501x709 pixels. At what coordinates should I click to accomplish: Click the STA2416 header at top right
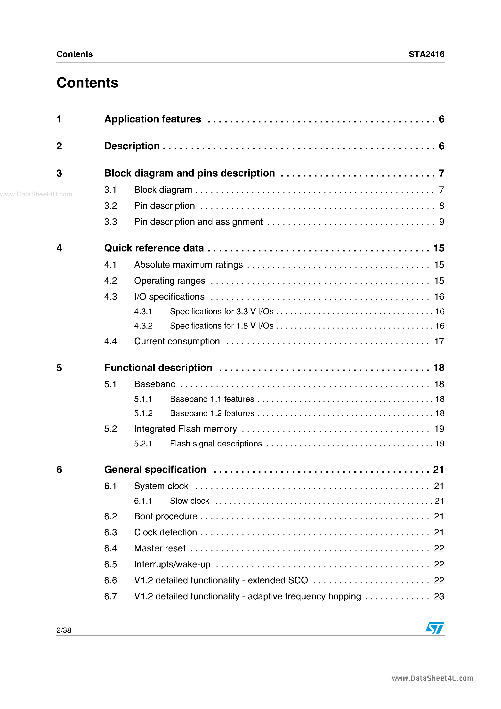[426, 54]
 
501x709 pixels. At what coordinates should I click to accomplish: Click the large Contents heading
[87, 83]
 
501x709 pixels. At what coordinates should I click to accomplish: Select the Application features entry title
[153, 119]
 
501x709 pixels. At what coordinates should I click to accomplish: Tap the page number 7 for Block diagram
[441, 190]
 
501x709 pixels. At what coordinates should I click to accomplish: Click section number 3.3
[111, 222]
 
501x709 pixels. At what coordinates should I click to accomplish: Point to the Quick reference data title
[154, 248]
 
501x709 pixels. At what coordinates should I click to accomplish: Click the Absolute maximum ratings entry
[188, 265]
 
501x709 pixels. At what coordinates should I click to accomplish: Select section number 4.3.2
[143, 326]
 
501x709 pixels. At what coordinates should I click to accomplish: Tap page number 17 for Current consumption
[439, 341]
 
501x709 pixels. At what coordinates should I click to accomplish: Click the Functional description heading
[158, 367]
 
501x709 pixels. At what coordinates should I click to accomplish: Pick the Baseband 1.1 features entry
[212, 399]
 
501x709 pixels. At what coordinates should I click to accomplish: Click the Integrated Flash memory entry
[185, 429]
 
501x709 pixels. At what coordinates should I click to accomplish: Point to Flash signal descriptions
[216, 443]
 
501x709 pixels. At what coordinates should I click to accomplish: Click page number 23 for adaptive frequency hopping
[439, 596]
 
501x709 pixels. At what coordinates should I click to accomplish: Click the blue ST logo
[435, 628]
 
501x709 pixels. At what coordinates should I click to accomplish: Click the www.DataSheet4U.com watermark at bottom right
[432, 678]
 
